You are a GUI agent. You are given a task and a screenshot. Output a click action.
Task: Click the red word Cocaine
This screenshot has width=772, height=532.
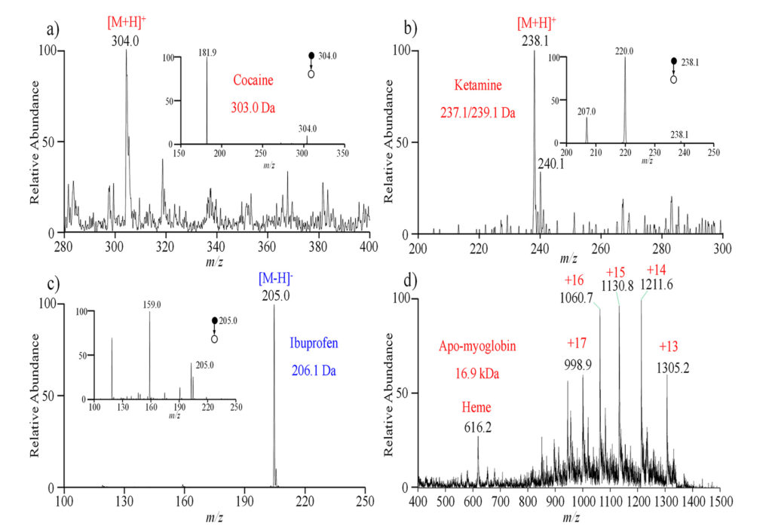pyautogui.click(x=253, y=80)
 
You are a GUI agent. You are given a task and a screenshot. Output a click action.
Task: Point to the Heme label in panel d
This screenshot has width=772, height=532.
pyautogui.click(x=476, y=408)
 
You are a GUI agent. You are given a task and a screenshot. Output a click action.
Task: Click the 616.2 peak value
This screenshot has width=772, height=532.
pyautogui.click(x=478, y=427)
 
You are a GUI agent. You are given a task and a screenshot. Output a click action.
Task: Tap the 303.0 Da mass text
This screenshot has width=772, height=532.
pyautogui.click(x=253, y=107)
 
